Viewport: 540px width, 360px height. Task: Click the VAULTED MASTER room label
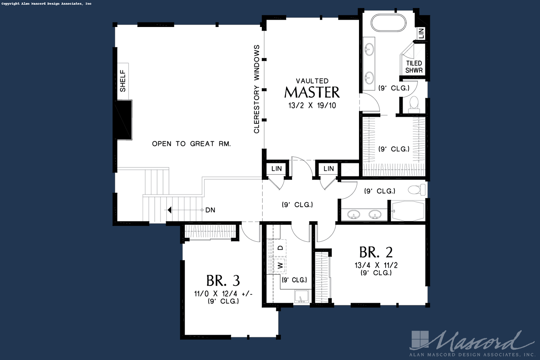click(312, 88)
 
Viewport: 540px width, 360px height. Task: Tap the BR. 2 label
click(376, 252)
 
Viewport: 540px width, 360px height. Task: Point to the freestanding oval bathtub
click(388, 23)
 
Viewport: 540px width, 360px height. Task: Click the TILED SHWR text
click(414, 67)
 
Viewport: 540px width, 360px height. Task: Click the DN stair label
click(210, 210)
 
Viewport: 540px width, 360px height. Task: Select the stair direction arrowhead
click(169, 210)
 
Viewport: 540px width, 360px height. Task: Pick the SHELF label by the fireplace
click(123, 81)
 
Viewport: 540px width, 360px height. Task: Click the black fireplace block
click(124, 120)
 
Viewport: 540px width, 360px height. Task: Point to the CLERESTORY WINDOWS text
click(257, 89)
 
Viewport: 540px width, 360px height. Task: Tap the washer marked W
click(280, 265)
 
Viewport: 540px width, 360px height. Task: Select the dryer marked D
click(280, 248)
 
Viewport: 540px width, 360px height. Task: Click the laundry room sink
click(301, 296)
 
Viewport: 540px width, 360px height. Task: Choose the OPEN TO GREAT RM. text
click(191, 144)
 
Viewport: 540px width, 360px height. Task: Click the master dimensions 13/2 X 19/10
click(312, 105)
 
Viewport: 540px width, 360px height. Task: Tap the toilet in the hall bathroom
click(417, 190)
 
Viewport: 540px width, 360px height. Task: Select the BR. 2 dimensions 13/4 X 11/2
click(376, 265)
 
